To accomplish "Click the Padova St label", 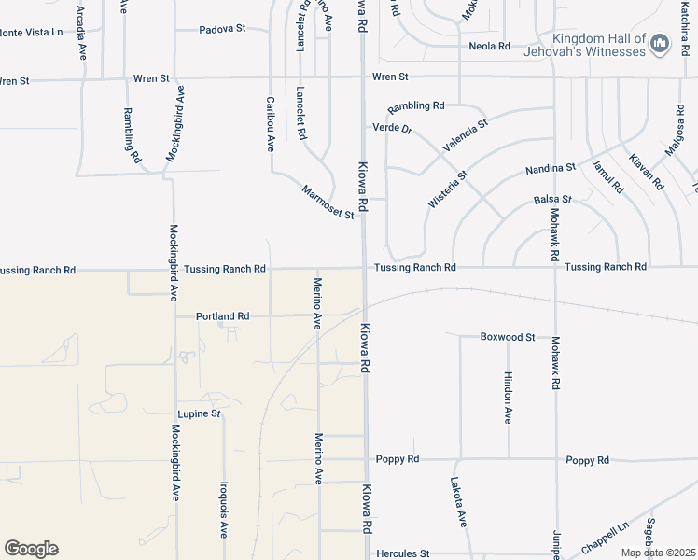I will coord(222,29).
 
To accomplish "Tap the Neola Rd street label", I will coord(490,46).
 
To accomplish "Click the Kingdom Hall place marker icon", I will coord(661,42).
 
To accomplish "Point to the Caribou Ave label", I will coord(271,124).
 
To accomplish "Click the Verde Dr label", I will coord(392,128).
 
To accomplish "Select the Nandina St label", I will coord(551,168).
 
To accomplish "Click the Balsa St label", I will coord(552,200).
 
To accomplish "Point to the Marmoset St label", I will coord(328,203).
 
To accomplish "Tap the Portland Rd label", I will coord(222,316).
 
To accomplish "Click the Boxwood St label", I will coord(508,336).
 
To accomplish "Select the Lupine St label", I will coord(199,413).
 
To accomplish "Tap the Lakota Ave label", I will coord(457,504).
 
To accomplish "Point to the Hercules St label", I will coord(402,553).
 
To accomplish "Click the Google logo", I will coord(31,549).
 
